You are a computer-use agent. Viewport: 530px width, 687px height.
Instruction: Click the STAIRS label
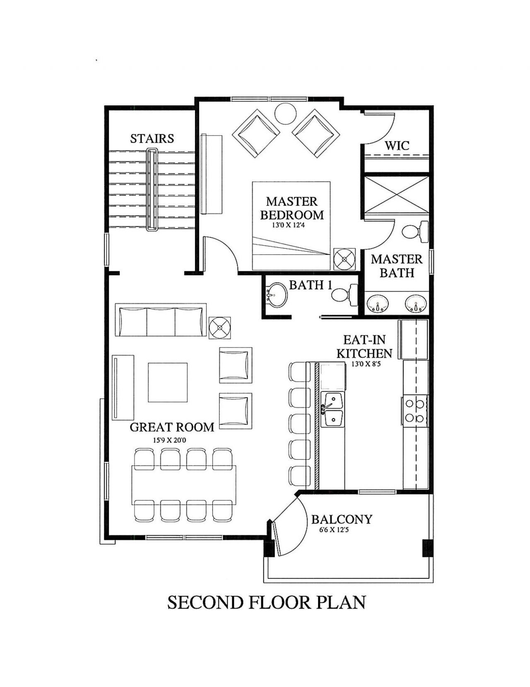tap(152, 138)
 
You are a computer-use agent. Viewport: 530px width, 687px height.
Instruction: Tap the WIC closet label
tap(397, 146)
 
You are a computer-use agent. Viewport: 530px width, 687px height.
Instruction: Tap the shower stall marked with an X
tap(396, 194)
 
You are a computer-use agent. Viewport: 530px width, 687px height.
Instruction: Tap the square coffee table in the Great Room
tap(168, 382)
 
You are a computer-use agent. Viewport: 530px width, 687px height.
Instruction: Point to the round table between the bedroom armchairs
tap(285, 113)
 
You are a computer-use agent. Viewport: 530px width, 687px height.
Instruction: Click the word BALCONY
tap(342, 519)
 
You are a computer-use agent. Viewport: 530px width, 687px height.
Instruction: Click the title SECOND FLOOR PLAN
tap(266, 602)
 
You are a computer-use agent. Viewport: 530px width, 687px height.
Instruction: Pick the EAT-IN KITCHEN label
tap(364, 347)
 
